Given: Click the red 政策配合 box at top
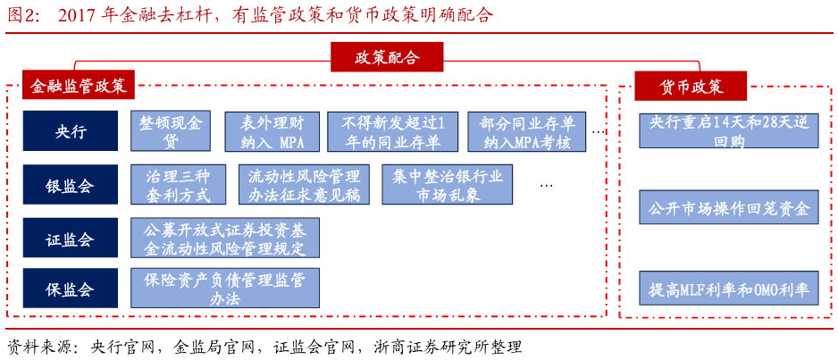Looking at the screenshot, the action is tap(387, 57).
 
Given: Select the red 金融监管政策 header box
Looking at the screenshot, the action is tap(78, 85).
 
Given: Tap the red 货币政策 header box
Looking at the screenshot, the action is tap(691, 86).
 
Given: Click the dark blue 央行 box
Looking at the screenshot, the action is tap(70, 130).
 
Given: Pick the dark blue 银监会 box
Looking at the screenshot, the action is tap(70, 184).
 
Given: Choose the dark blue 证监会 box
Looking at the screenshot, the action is tap(70, 238).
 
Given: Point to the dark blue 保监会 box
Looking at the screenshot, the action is tap(70, 289).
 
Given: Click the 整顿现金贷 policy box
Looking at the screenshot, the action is tap(171, 130).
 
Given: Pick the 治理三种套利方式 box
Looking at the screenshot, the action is tap(178, 184).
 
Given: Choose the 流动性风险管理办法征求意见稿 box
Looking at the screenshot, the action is tap(304, 184).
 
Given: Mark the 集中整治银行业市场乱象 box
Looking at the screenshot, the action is tap(448, 184).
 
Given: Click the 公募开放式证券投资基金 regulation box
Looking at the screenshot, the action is tap(225, 238).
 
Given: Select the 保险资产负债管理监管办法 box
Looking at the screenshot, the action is tap(225, 288).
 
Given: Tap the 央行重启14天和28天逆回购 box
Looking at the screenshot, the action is tap(729, 130).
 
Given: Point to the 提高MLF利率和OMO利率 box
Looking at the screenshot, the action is tap(729, 289).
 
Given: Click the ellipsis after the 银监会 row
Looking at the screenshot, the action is tap(546, 186).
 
